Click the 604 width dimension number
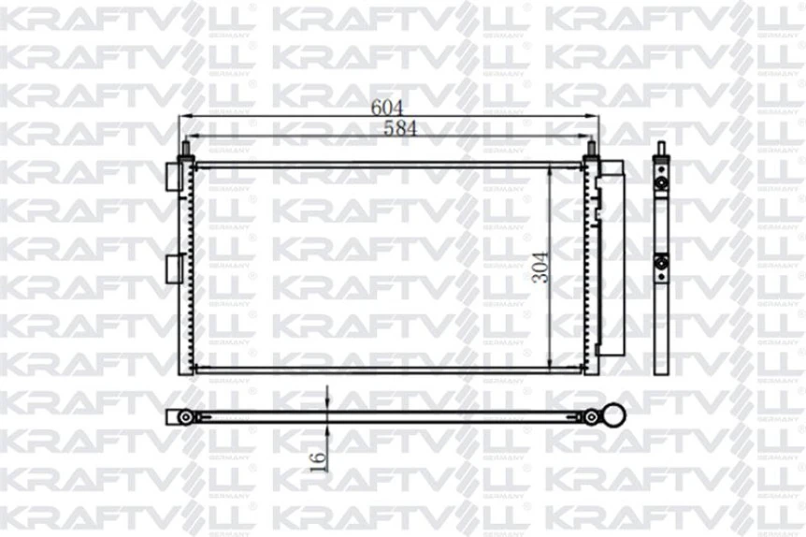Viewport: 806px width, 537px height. coord(381,107)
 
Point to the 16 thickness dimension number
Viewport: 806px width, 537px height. coord(317,457)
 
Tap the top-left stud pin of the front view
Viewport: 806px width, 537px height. coord(186,148)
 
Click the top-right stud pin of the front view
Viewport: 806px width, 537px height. coord(591,148)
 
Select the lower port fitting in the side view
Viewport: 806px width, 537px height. coord(661,265)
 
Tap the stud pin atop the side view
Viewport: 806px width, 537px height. coord(661,149)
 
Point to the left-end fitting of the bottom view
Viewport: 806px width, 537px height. coord(185,416)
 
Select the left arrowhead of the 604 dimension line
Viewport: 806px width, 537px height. coord(184,117)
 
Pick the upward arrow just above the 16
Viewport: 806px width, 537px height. coord(327,429)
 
